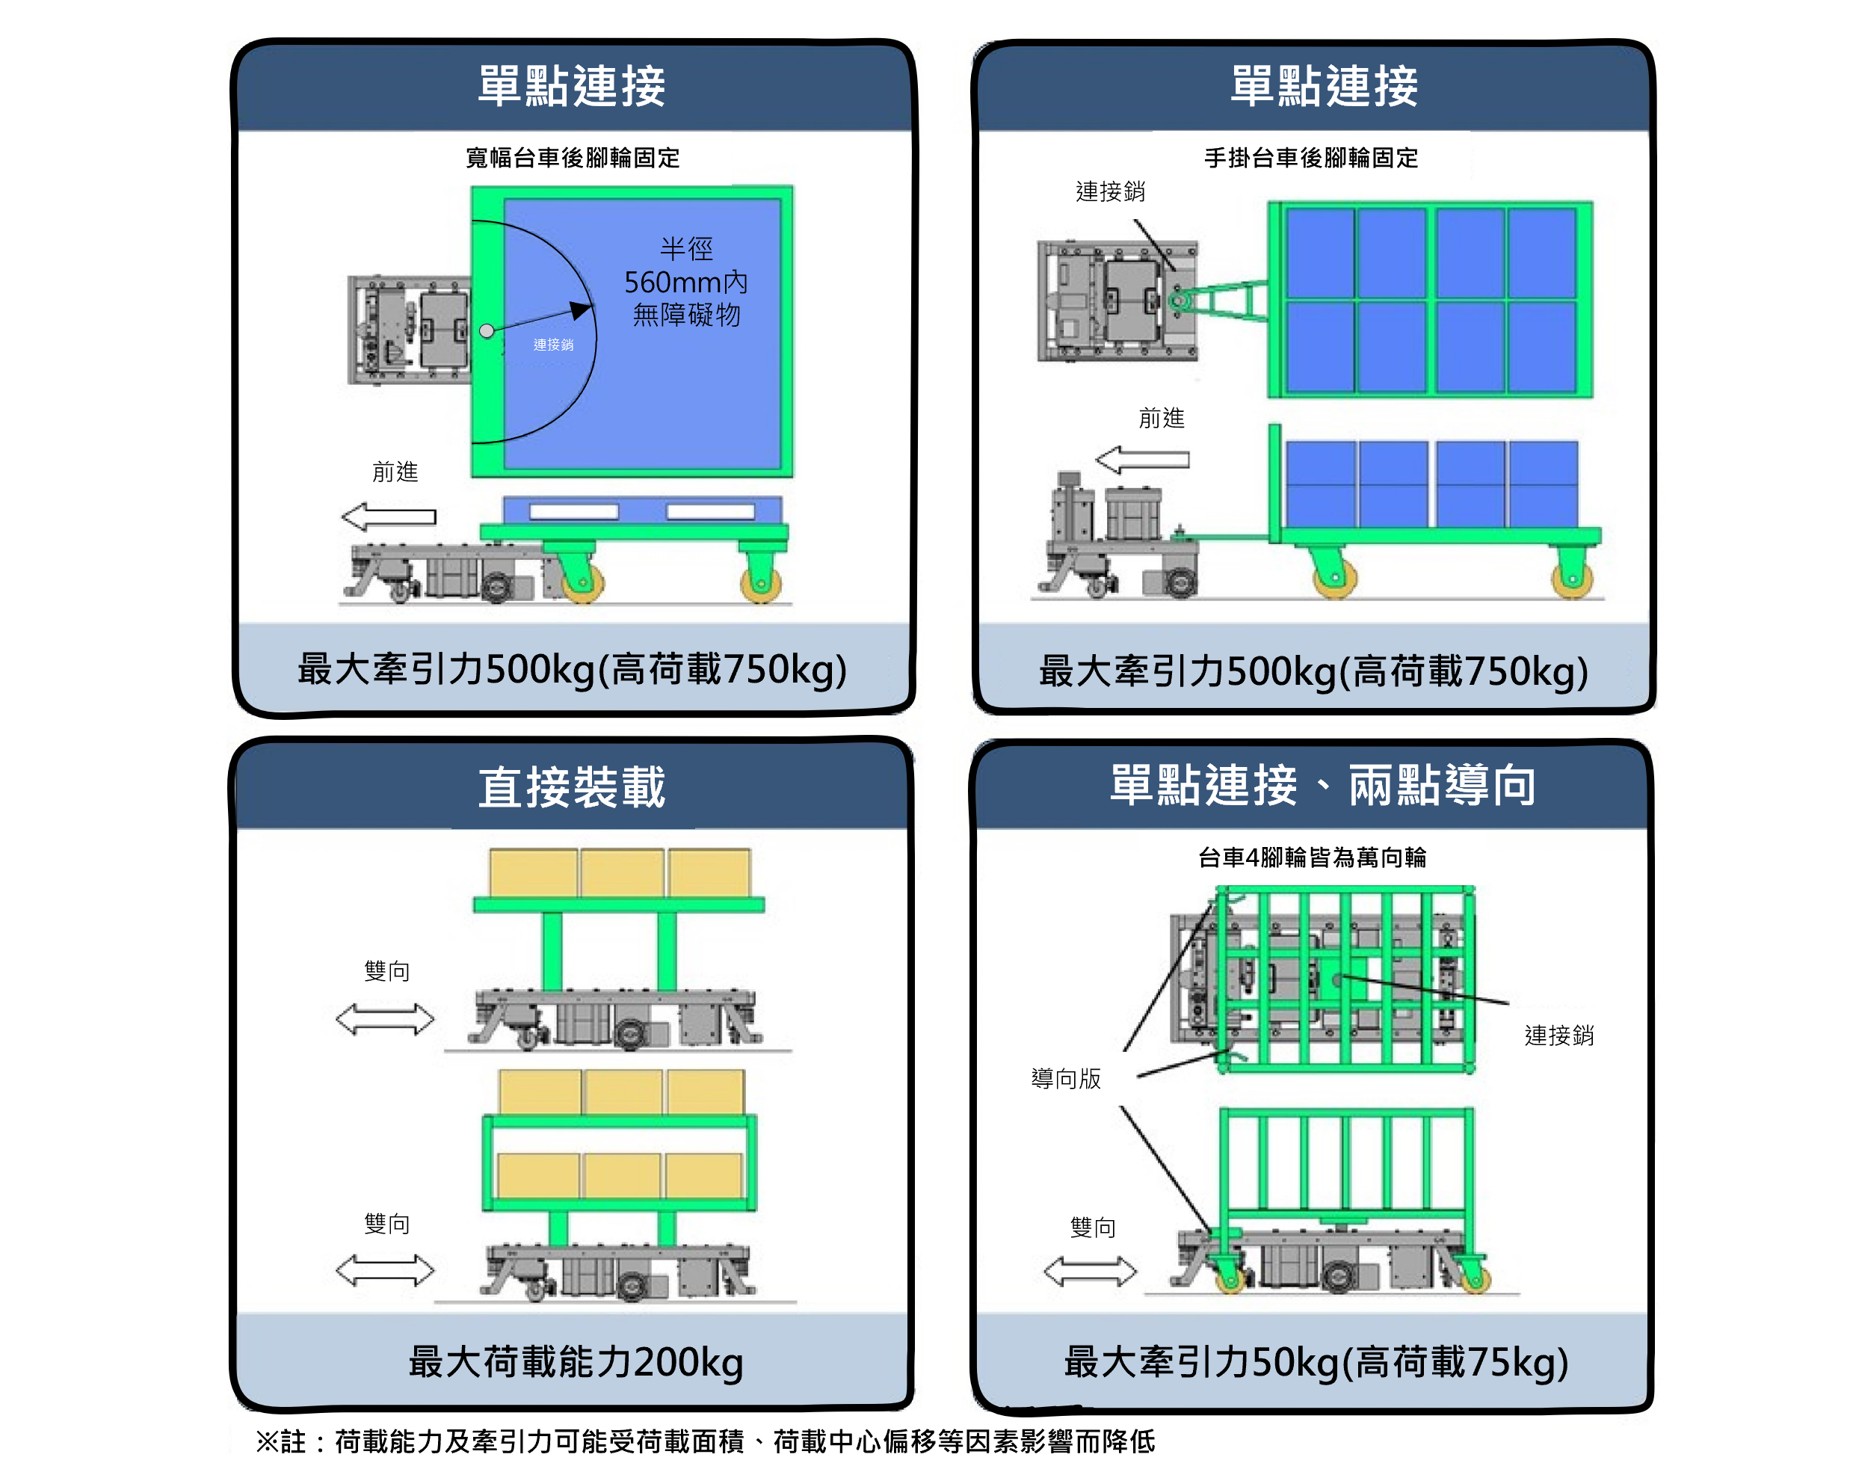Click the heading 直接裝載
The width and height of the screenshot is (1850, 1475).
click(572, 786)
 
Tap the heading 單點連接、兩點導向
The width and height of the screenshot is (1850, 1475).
click(1322, 785)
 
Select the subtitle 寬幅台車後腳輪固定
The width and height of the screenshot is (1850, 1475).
click(573, 158)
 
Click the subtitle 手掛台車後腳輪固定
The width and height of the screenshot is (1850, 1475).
click(1310, 158)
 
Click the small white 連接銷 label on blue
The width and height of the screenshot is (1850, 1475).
click(553, 344)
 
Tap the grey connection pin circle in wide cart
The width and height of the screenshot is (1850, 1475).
click(487, 330)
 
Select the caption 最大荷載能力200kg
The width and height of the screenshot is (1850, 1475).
click(576, 1361)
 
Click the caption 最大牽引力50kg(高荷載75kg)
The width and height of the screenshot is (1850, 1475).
click(1316, 1361)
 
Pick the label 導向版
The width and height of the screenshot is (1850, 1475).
click(1066, 1079)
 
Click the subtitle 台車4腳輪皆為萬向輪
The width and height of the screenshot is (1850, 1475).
click(1312, 857)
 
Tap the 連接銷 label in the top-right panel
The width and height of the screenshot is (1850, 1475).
click(1110, 191)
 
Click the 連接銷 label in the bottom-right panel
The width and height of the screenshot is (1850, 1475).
click(1559, 1035)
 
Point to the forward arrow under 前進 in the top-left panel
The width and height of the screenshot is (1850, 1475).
click(389, 517)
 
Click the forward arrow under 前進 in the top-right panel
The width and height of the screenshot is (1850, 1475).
click(1142, 460)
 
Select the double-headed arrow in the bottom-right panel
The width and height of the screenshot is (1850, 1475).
click(1090, 1271)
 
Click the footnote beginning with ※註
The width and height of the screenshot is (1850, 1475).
click(706, 1441)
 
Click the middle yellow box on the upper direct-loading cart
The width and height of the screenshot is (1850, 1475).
click(622, 872)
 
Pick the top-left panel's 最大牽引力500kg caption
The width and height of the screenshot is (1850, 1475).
click(573, 669)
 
